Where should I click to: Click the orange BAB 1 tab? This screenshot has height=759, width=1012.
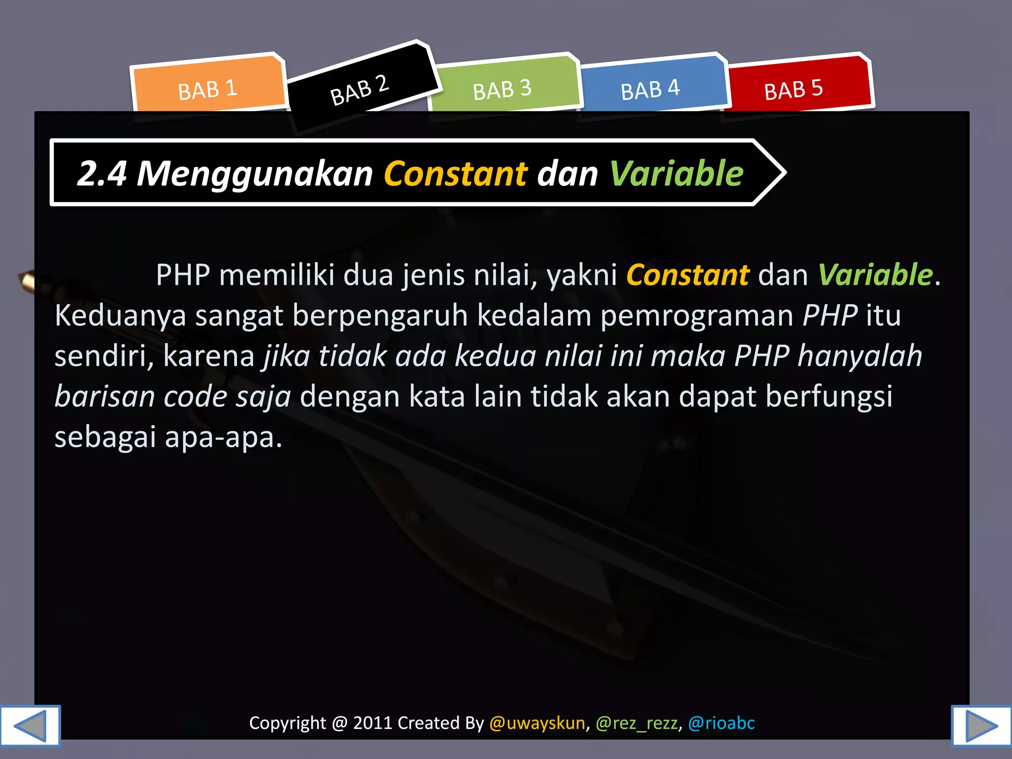pyautogui.click(x=208, y=89)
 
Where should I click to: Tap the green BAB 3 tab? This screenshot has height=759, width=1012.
pyautogui.click(x=502, y=89)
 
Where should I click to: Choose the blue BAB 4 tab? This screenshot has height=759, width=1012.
pyautogui.click(x=650, y=89)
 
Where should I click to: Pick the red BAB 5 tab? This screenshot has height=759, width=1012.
pyautogui.click(x=794, y=89)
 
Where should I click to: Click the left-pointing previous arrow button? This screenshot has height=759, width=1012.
pyautogui.click(x=30, y=725)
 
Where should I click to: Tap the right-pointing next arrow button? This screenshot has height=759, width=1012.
pyautogui.click(x=981, y=725)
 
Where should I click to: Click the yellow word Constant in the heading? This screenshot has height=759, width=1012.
pyautogui.click(x=456, y=173)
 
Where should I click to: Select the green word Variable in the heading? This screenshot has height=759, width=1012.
pyautogui.click(x=676, y=173)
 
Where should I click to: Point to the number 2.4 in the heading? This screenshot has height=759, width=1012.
pyautogui.click(x=102, y=173)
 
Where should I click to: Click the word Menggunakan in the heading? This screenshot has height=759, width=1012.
pyautogui.click(x=254, y=173)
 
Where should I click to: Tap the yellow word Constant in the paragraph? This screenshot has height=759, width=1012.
pyautogui.click(x=687, y=275)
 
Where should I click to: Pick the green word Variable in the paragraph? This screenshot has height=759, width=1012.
pyautogui.click(x=875, y=275)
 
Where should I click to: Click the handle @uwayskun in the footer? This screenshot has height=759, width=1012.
pyautogui.click(x=537, y=723)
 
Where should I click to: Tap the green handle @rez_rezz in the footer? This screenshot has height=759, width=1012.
pyautogui.click(x=636, y=723)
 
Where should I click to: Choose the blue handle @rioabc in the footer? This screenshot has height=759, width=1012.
pyautogui.click(x=721, y=723)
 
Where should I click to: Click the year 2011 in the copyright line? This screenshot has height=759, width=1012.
pyautogui.click(x=373, y=723)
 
